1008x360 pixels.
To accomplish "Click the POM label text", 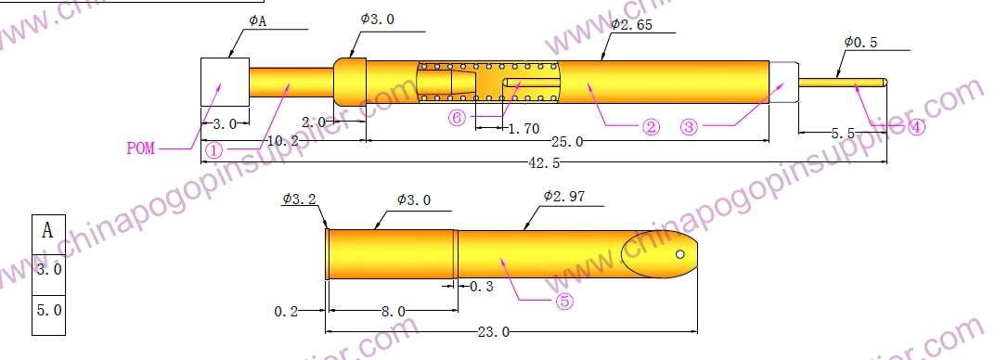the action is coord(141,148).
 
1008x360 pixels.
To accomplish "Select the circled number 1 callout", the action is coord(214,150).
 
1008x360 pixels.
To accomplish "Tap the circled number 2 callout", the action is coord(652,127).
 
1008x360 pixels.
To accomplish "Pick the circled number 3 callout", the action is coord(689,127).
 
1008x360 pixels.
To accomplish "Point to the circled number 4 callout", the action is coord(917,127).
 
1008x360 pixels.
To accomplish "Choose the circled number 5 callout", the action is coord(563,301).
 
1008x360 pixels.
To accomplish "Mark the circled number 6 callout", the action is coord(457,118).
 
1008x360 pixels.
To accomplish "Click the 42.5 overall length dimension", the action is coord(544,163).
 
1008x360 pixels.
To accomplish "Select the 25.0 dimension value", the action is coord(567,141).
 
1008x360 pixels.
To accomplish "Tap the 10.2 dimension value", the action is coord(283,141).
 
